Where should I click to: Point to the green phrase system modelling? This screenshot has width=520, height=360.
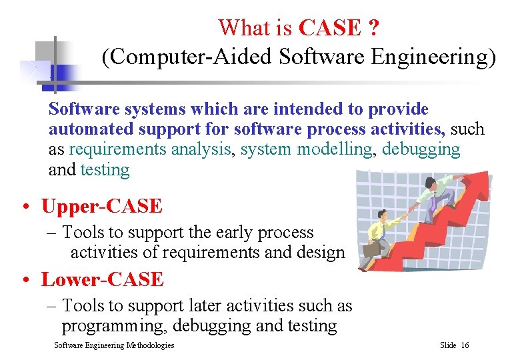tap(307, 149)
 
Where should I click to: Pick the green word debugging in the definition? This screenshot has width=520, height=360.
tap(421, 149)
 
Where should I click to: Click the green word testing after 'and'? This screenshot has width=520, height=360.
tap(105, 170)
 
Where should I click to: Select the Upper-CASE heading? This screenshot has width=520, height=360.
tap(101, 207)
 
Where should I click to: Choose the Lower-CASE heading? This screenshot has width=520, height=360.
tap(102, 279)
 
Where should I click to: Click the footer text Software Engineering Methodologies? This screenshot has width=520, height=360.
tap(114, 345)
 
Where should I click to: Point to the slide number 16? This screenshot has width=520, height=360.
tap(465, 345)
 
